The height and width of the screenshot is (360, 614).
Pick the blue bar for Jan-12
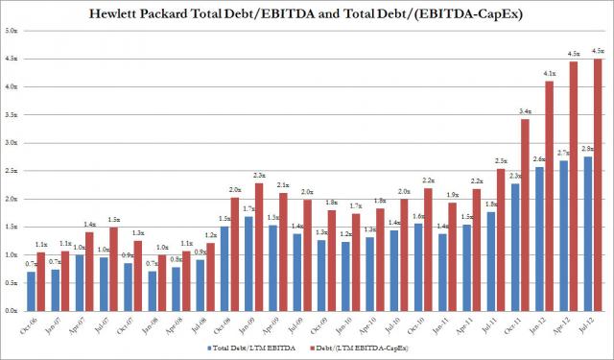pyautogui.click(x=539, y=239)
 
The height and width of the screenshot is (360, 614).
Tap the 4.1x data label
pyautogui.click(x=550, y=73)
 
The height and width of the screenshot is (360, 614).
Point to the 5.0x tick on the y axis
pyautogui.click(x=11, y=30)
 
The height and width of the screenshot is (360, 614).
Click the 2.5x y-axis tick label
pyautogui.click(x=11, y=171)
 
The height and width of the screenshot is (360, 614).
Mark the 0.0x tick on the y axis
pyautogui.click(x=11, y=312)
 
